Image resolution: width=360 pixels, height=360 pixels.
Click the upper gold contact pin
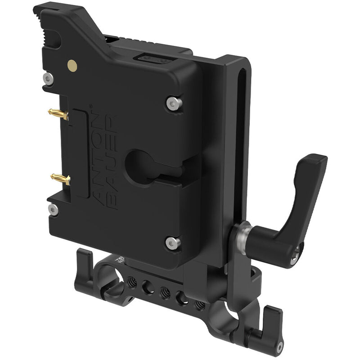(x=59, y=114)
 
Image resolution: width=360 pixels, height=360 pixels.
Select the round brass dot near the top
(x=72, y=65)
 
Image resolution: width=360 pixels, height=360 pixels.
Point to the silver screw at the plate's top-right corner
(x=173, y=103)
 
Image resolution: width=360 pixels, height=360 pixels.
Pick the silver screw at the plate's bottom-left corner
(x=53, y=209)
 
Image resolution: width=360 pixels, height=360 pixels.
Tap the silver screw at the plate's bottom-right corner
(x=172, y=243)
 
